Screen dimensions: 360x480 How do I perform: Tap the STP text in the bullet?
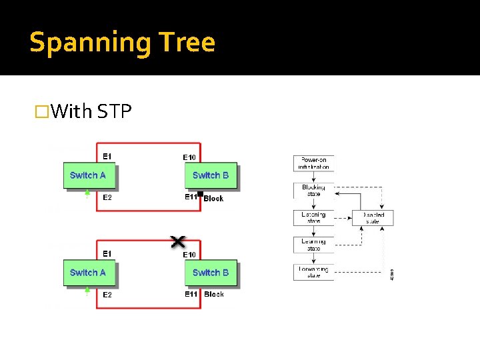pos(115,111)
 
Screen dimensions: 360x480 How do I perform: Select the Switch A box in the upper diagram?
pos(89,175)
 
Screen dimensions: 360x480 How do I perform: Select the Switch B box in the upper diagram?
pos(211,175)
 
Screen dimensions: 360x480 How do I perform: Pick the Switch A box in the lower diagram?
pos(89,273)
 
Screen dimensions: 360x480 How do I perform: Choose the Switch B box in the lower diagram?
pos(211,273)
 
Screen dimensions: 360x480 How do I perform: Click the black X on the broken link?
pos(178,241)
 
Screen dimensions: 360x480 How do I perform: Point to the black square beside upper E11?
pos(200,193)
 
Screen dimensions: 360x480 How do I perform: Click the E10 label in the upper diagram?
pos(189,157)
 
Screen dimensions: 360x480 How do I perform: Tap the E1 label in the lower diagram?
pos(107,253)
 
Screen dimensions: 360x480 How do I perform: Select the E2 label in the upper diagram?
pos(107,197)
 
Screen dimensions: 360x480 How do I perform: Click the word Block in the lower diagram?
pos(214,294)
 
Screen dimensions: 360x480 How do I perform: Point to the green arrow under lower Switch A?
pos(87,291)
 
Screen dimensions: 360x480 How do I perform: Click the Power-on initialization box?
pos(313,163)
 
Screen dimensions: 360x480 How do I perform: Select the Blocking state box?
pos(313,191)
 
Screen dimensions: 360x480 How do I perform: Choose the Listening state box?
pos(313,218)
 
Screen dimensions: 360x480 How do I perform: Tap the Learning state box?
pos(313,245)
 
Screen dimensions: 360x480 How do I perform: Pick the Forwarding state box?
pos(313,272)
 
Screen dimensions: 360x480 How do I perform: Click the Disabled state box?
pos(373,218)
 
